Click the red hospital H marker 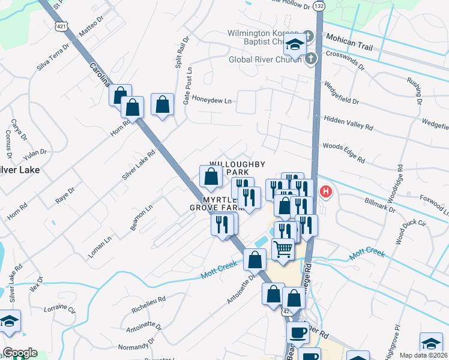pyautogui.click(x=325, y=192)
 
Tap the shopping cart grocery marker pyautogui.click(x=283, y=248)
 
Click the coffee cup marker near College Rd pyautogui.click(x=299, y=332)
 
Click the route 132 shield pyautogui.click(x=319, y=5)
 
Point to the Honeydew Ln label pyautogui.click(x=211, y=101)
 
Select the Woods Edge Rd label pyautogui.click(x=344, y=152)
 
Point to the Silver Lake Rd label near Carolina pyautogui.click(x=139, y=164)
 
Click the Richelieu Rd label pyautogui.click(x=148, y=304)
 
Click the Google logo pyautogui.click(x=19, y=353)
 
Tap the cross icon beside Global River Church pyautogui.click(x=310, y=59)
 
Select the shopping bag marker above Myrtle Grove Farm pyautogui.click(x=211, y=177)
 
